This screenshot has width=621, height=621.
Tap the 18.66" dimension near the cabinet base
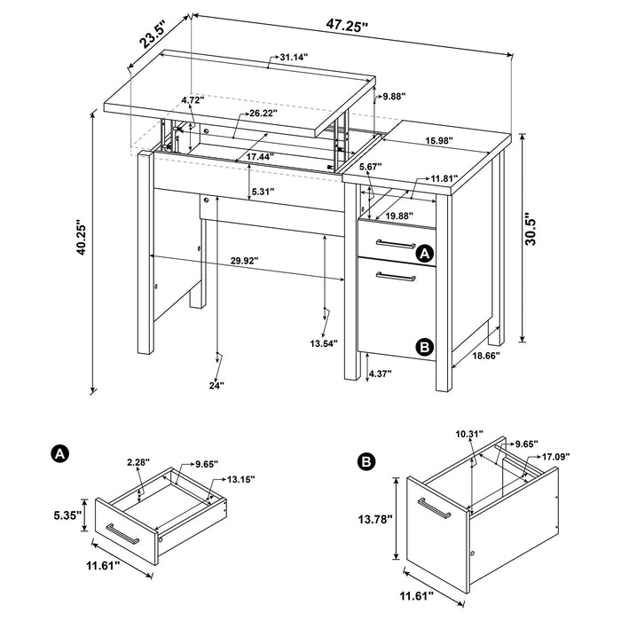click(x=487, y=356)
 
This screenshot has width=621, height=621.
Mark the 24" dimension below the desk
click(x=216, y=384)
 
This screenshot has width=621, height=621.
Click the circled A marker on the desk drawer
click(x=424, y=255)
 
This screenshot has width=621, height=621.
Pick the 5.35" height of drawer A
click(x=67, y=514)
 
